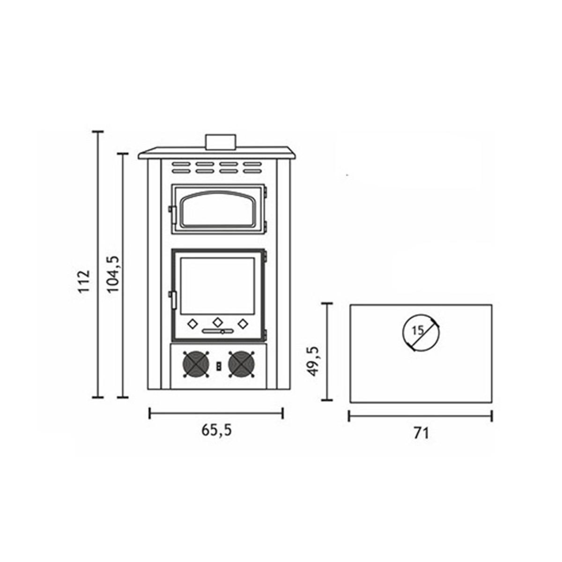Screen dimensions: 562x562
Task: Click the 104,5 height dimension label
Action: point(113,274)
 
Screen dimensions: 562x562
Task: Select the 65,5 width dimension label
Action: point(217,430)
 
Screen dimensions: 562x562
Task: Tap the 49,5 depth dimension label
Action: point(312,361)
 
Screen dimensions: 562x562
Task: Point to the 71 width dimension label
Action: point(421,433)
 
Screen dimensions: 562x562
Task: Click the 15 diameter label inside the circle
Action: point(418,330)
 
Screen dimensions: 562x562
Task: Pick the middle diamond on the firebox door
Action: point(218,323)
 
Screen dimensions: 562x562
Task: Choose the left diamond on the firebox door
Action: point(192,323)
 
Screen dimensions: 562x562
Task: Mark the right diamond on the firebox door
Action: point(243,323)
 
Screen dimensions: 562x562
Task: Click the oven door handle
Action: point(171,214)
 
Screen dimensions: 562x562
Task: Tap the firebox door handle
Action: point(172,300)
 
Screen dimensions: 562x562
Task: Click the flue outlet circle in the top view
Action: point(421,331)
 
